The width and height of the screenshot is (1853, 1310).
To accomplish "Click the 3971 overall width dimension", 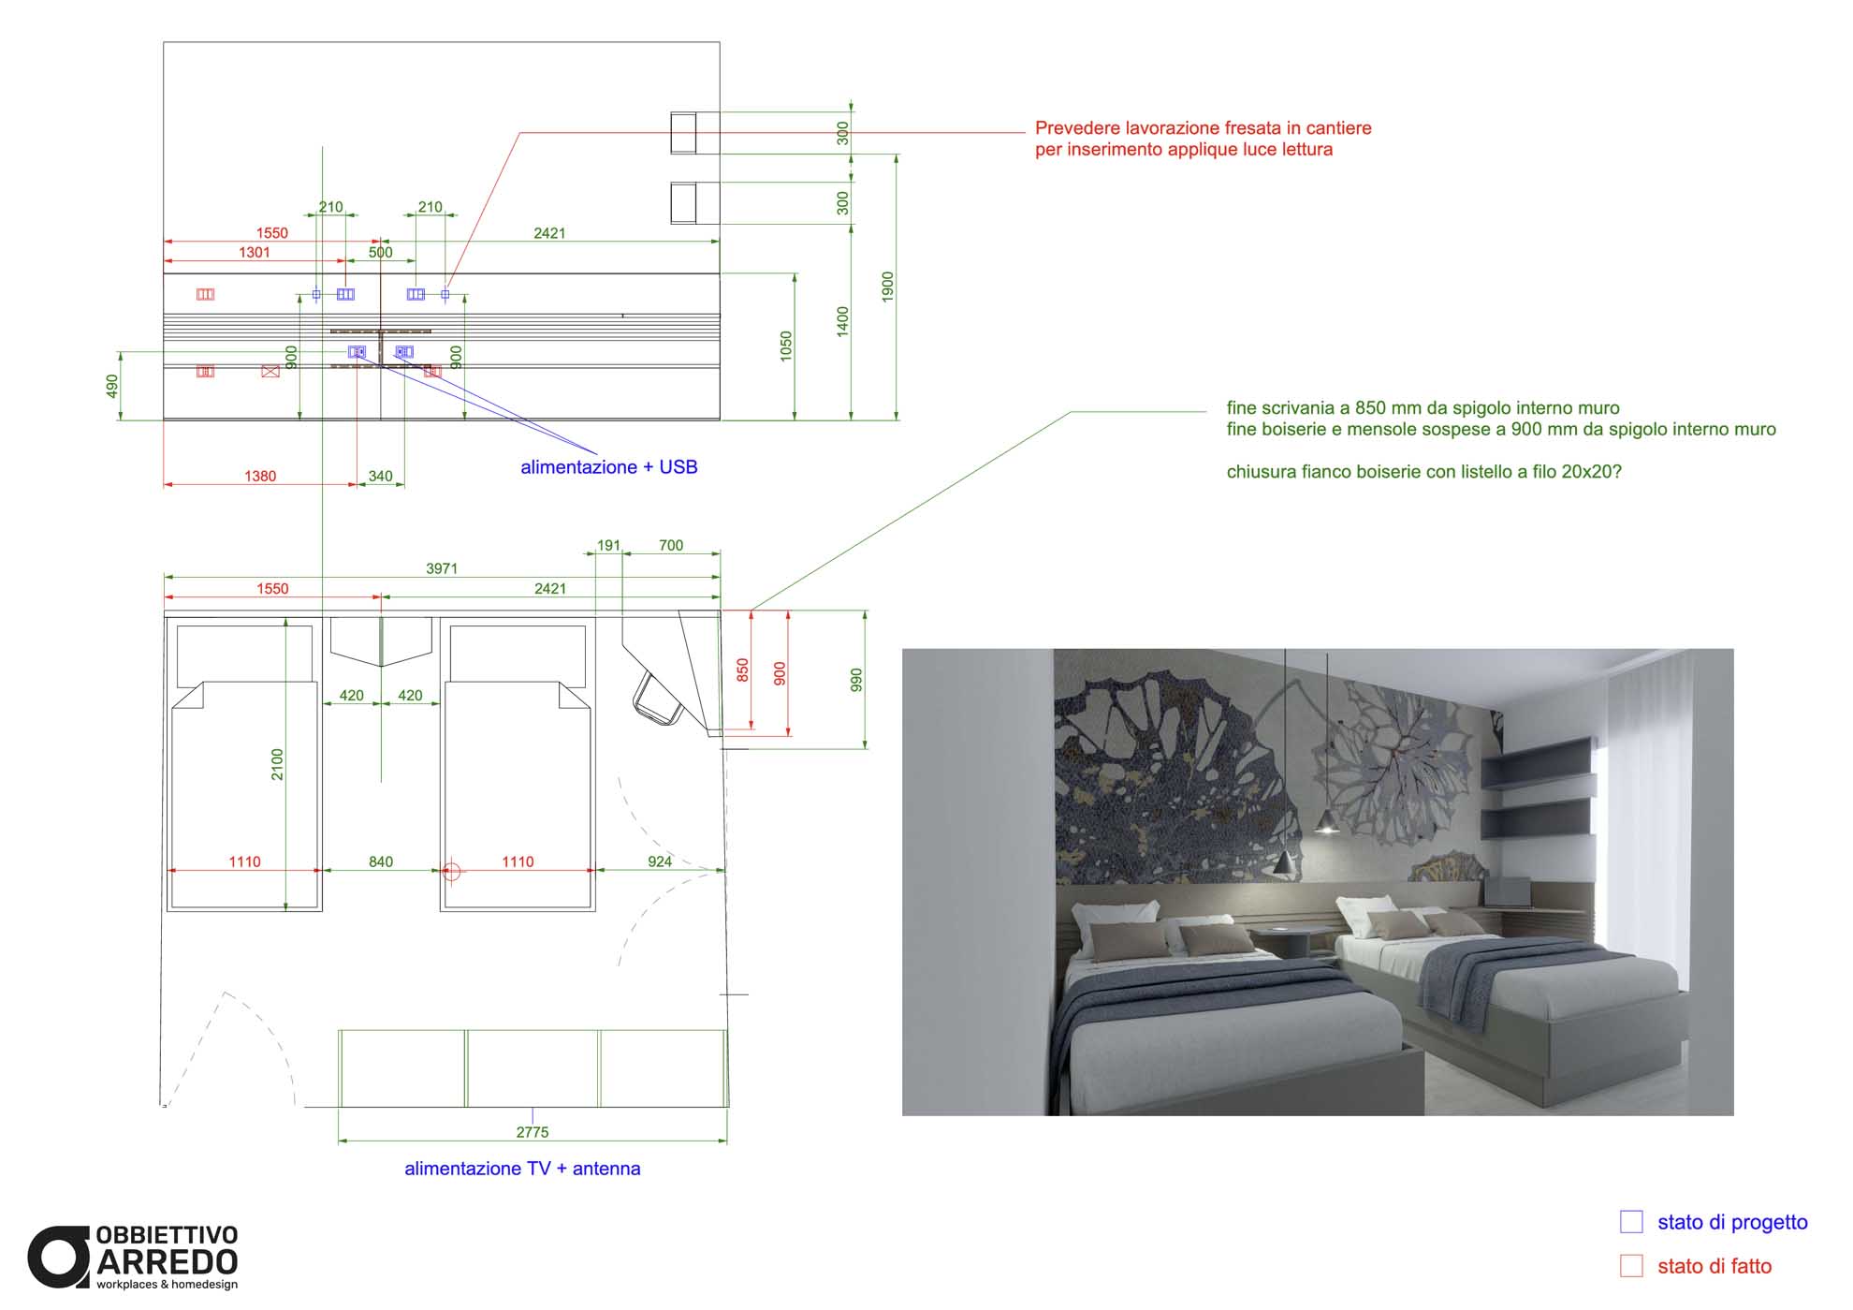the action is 442,568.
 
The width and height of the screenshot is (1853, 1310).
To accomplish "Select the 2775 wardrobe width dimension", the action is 533,1132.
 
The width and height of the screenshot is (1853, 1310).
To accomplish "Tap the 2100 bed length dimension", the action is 277,764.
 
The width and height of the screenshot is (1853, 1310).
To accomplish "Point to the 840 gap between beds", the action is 381,861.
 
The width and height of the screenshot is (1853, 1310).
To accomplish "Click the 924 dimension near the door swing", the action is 660,861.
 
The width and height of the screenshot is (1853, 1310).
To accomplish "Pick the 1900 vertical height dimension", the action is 888,287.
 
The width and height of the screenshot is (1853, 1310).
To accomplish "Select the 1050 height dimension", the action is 786,346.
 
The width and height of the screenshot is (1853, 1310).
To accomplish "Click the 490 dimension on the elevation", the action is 112,386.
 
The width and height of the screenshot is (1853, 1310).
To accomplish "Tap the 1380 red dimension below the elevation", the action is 260,476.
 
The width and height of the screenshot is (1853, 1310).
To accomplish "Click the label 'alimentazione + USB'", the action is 609,467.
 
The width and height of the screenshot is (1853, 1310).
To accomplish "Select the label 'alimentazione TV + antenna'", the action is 522,1169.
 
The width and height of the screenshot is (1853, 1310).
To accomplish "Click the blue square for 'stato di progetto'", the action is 1631,1222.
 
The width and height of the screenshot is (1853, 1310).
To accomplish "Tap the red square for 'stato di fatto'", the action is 1631,1266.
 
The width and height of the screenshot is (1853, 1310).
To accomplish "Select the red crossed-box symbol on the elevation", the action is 270,372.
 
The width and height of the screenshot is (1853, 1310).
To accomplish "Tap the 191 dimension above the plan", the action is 609,545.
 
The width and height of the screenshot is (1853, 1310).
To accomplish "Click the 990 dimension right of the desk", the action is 855,680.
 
